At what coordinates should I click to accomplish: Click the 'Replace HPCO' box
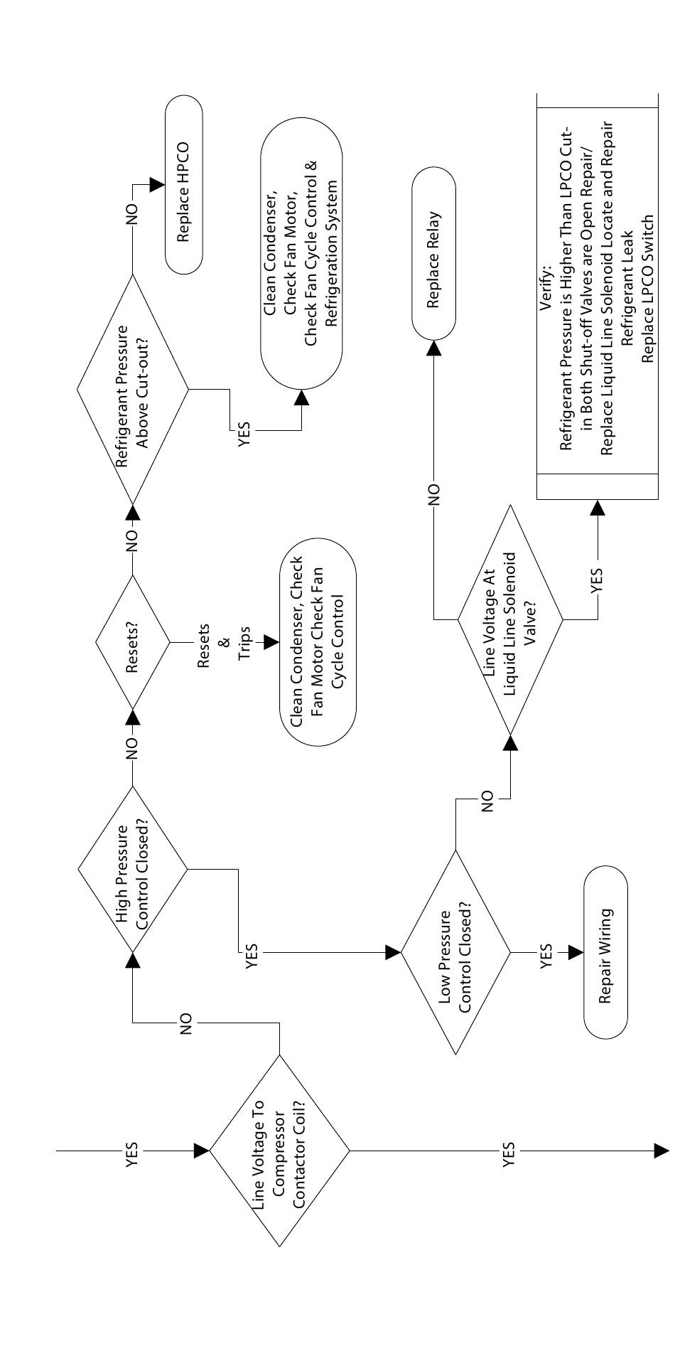184,184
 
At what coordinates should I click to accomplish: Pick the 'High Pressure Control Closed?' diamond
132,868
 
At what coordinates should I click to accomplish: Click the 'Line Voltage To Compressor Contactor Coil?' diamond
279,1151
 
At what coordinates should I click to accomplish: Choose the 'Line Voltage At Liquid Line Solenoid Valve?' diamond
509,619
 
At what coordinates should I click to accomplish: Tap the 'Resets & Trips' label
225,642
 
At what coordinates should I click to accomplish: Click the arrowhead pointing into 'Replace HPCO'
158,184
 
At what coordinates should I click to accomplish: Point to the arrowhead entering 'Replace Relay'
433,347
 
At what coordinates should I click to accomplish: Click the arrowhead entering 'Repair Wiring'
576,953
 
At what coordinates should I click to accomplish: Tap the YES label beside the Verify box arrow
597,579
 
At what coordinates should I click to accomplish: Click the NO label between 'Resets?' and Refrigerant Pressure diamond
132,541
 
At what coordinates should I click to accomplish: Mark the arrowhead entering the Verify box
597,507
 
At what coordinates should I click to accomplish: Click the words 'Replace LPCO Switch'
647,288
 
